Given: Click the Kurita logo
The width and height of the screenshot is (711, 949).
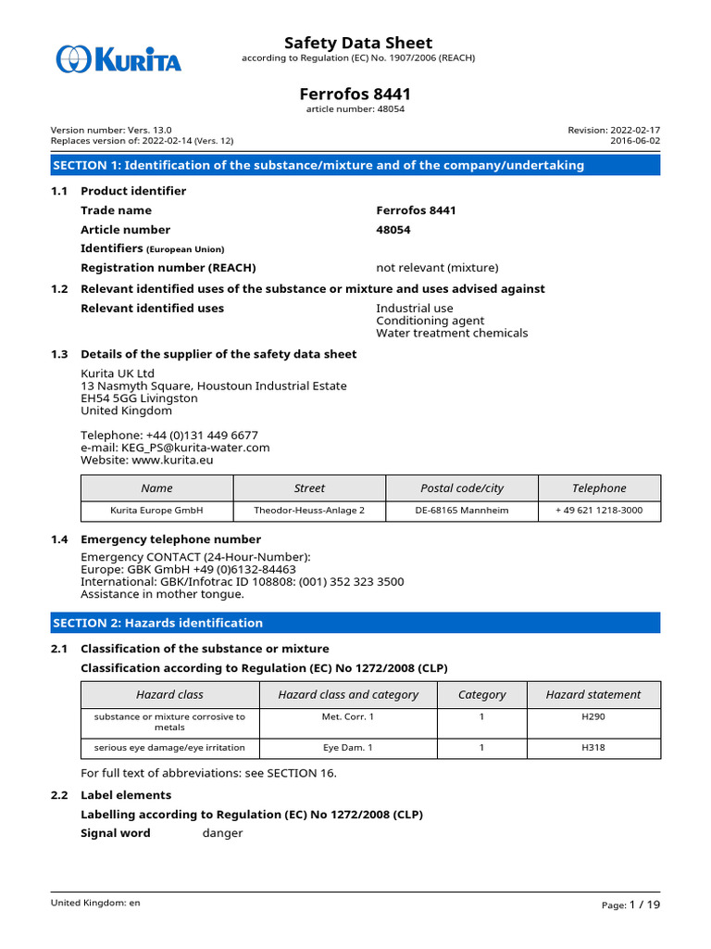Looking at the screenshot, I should [x=118, y=60].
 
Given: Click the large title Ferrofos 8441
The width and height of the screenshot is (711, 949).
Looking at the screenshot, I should [x=355, y=94].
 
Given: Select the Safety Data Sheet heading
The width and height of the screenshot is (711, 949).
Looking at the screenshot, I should [x=357, y=43].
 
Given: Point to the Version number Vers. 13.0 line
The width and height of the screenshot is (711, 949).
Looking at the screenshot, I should [x=111, y=131].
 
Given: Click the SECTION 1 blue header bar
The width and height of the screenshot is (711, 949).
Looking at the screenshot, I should [x=355, y=165].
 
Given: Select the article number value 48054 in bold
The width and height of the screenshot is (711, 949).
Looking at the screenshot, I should [x=393, y=230].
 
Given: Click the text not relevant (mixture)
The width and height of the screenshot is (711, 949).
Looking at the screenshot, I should [x=437, y=268].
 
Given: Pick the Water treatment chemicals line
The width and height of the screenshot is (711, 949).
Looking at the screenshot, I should [x=452, y=333].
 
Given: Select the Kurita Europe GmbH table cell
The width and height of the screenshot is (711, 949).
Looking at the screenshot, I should [x=156, y=511].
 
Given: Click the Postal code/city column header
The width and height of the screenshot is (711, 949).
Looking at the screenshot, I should [x=462, y=488].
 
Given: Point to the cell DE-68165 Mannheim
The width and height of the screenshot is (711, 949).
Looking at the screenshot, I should [x=462, y=511].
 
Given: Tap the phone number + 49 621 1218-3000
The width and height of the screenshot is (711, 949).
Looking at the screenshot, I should [x=600, y=511].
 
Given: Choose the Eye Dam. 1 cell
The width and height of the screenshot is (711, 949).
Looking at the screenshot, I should [x=348, y=748].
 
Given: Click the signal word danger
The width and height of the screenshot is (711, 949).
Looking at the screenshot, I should [x=222, y=833].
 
